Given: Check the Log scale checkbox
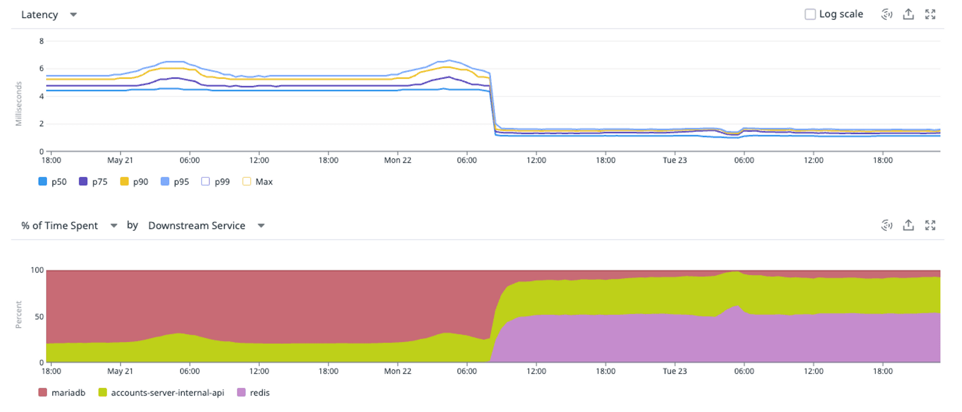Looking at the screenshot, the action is (x=810, y=14).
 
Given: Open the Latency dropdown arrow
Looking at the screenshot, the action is (x=73, y=15).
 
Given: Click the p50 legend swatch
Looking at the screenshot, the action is (x=43, y=182).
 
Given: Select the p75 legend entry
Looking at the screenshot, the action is (x=93, y=182).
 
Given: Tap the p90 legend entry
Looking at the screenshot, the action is (x=134, y=182).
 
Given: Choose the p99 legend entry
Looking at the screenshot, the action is (x=215, y=182).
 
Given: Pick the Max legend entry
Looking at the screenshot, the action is (x=258, y=182).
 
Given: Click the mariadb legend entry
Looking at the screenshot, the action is (x=62, y=393).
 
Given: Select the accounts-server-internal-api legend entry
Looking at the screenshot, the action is (x=161, y=393).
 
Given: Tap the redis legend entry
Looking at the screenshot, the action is (x=253, y=393).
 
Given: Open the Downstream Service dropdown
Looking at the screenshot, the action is (x=206, y=225).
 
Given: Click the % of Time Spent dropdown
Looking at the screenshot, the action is (x=69, y=225).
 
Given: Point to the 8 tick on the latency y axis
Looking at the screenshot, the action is (x=41, y=41).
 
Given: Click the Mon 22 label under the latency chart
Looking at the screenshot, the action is (x=398, y=160).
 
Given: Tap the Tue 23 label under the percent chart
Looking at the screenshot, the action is (x=675, y=371).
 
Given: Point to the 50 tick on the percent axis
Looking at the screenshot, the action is (x=39, y=317).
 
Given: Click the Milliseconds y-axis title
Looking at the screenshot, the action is (x=19, y=104).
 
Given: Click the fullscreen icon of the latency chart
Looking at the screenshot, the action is (x=930, y=14).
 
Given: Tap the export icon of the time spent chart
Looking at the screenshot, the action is (x=908, y=225).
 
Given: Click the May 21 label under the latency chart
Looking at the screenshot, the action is (x=120, y=160).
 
